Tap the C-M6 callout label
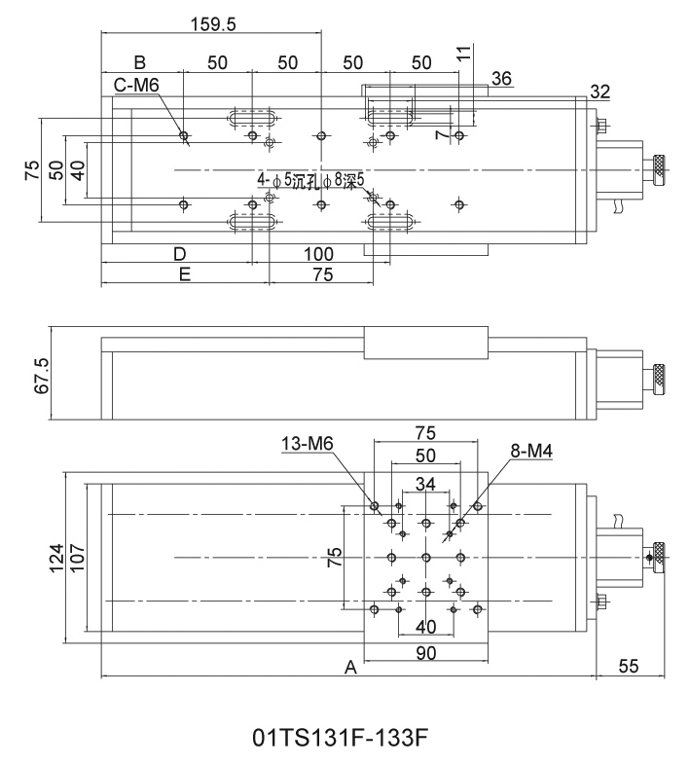(x=135, y=87)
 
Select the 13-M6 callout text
(x=307, y=444)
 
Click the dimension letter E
(x=184, y=274)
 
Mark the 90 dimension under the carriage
(x=425, y=654)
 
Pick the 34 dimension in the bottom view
(x=425, y=485)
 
